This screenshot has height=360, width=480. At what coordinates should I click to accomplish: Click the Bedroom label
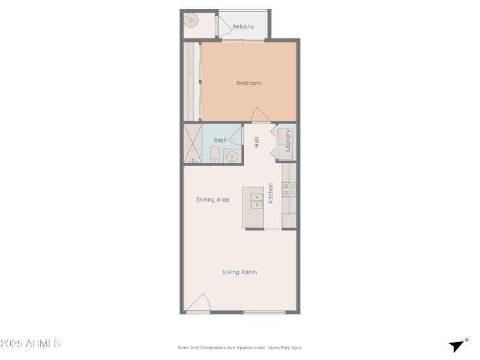pyautogui.click(x=248, y=83)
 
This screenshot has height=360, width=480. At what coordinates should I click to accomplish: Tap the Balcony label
pyautogui.click(x=243, y=26)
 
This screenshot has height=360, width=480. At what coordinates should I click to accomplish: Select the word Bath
pyautogui.click(x=220, y=140)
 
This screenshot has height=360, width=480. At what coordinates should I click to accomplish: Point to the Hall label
pyautogui.click(x=257, y=142)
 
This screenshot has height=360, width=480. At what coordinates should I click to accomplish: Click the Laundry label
pyautogui.click(x=287, y=140)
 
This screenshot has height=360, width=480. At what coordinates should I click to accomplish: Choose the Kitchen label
pyautogui.click(x=271, y=193)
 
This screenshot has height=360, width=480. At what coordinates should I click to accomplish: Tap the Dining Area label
pyautogui.click(x=213, y=199)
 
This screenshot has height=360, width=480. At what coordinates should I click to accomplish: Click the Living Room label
pyautogui.click(x=240, y=272)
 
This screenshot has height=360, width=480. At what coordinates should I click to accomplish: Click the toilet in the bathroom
pyautogui.click(x=214, y=155)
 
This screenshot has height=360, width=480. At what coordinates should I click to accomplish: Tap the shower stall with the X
pyautogui.click(x=193, y=143)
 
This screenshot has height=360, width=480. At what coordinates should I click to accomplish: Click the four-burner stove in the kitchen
pyautogui.click(x=289, y=190)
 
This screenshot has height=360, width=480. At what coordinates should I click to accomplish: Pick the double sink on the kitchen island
pyautogui.click(x=257, y=200)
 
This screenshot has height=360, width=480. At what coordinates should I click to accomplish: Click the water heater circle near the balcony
pyautogui.click(x=191, y=20)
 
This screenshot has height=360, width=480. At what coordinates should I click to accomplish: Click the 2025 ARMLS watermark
pyautogui.click(x=30, y=344)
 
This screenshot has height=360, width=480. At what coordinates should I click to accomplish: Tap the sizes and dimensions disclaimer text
pyautogui.click(x=240, y=347)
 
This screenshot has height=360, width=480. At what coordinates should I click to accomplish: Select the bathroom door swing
pyautogui.click(x=235, y=136)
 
